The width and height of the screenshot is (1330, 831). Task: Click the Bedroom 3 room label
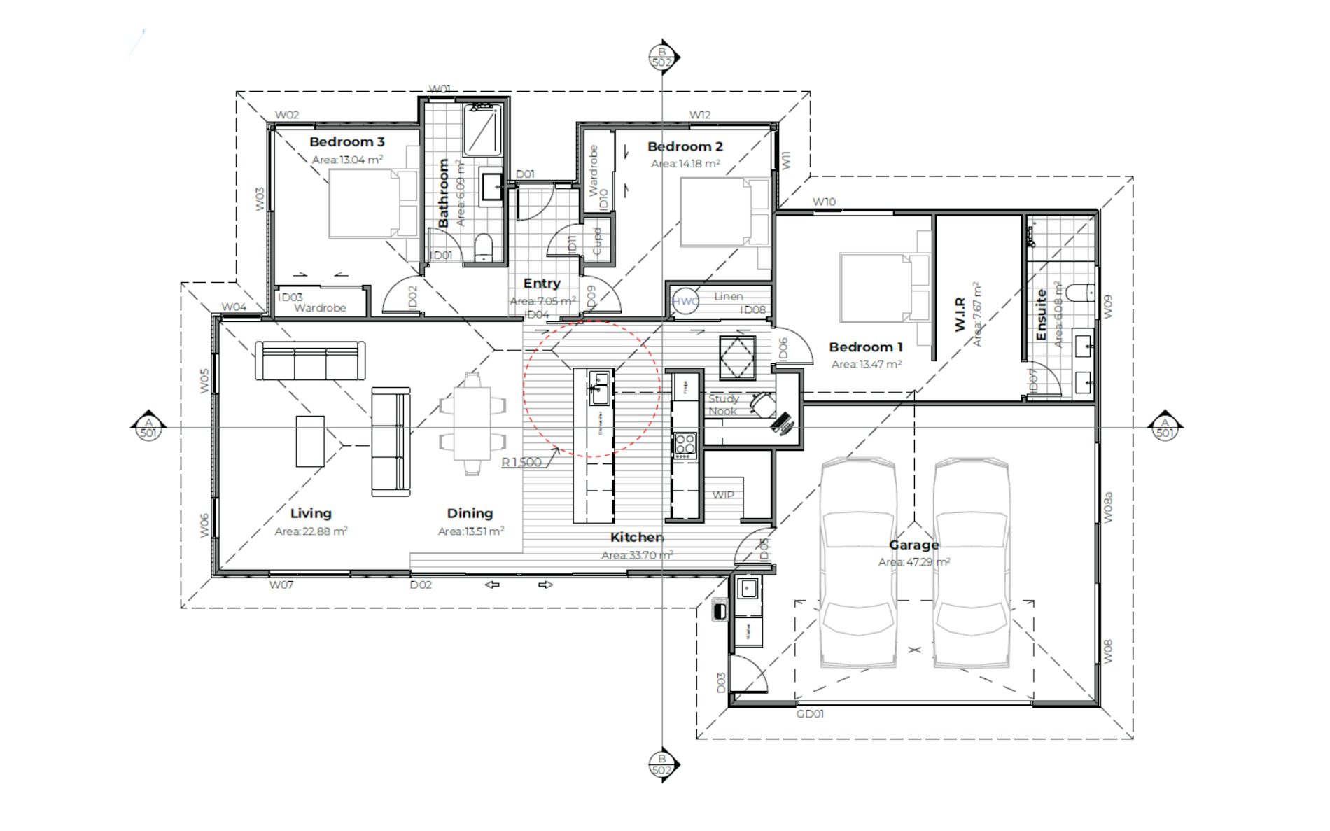tap(346, 142)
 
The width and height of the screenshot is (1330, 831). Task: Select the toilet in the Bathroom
tap(484, 248)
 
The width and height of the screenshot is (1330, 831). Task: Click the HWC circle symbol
tap(685, 302)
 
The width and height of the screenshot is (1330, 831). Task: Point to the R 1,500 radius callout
tap(521, 462)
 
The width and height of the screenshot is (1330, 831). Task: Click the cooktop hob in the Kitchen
tap(685, 445)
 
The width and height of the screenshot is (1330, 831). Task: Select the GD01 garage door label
tap(810, 714)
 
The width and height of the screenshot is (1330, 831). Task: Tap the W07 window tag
tap(281, 585)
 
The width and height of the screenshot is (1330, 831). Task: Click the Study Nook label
tap(723, 405)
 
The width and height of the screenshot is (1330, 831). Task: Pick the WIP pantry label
tap(723, 495)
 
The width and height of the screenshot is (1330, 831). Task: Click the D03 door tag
tap(721, 683)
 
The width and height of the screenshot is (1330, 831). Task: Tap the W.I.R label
tap(960, 314)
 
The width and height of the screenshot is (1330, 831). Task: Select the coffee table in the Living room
tap(310, 441)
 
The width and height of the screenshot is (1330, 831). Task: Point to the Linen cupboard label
tap(729, 296)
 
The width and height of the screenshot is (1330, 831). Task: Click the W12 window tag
tap(699, 115)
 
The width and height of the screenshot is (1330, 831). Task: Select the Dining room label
tap(470, 513)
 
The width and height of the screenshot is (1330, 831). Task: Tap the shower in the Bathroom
tap(482, 130)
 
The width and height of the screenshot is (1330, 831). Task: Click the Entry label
tap(542, 284)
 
